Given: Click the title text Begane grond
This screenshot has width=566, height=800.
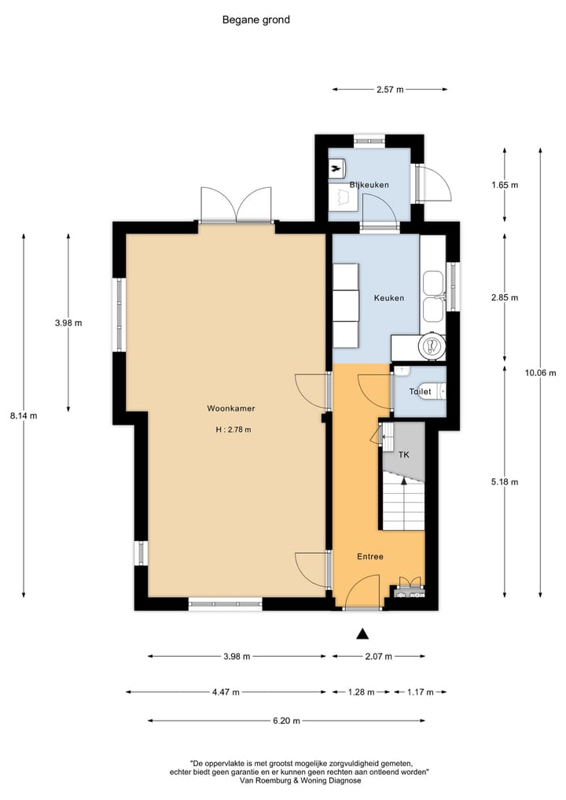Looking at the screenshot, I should tap(256, 20).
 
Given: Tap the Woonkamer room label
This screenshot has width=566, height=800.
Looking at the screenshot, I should tap(230, 408).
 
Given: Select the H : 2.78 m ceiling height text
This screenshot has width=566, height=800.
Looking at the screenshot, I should tap(233, 429).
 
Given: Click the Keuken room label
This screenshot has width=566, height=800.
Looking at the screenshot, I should tap(388, 298).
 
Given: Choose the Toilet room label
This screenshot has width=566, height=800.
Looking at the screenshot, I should tap(420, 391).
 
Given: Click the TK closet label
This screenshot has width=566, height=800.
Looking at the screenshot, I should tap(404, 455).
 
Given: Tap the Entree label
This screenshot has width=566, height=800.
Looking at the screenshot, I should tap(369, 556).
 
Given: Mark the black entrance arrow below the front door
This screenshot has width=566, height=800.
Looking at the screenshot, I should tap(362, 633).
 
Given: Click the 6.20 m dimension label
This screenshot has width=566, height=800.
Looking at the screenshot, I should tap(290, 721).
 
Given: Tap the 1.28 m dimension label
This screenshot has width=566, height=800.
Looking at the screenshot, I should tap(362, 692).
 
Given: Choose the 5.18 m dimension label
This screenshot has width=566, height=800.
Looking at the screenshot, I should tap(504, 481).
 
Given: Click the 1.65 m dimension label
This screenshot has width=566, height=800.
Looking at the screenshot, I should tap(504, 185).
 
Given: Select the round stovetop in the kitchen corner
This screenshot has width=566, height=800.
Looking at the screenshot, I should tap(431, 345).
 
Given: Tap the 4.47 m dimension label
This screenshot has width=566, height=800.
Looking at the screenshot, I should tap(226, 692).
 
